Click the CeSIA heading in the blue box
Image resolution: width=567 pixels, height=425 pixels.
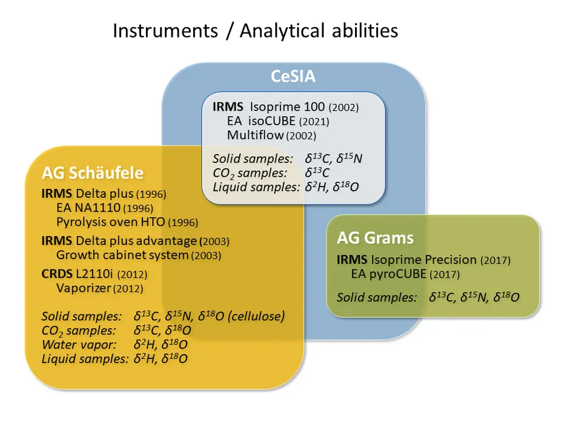pos(293,76)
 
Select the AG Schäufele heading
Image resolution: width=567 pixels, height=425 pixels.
pos(93,173)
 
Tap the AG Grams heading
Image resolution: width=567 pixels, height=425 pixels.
pos(376,238)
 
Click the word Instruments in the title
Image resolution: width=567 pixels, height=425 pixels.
pos(165,30)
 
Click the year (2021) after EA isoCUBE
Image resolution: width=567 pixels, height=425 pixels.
pos(314,122)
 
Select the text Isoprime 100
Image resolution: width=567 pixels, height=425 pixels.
pos(287,107)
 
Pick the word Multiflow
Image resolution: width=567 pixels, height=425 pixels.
pos(255,135)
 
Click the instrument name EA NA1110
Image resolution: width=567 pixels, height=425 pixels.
pos(88,208)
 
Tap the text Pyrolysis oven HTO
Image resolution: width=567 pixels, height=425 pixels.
pos(111,222)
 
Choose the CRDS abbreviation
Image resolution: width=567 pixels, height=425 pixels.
pos(57,274)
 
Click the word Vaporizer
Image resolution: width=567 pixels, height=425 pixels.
pos(84,288)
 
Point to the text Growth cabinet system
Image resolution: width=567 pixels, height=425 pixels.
pos(122,255)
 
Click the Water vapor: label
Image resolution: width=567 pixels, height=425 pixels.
pos(79,344)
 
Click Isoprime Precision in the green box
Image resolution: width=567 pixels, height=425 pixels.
pos(424,260)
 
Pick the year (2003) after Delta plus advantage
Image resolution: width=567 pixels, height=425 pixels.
pos(214,242)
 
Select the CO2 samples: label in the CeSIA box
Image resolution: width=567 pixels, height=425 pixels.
pos(250,173)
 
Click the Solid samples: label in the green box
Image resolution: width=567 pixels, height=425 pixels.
pos(377,297)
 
